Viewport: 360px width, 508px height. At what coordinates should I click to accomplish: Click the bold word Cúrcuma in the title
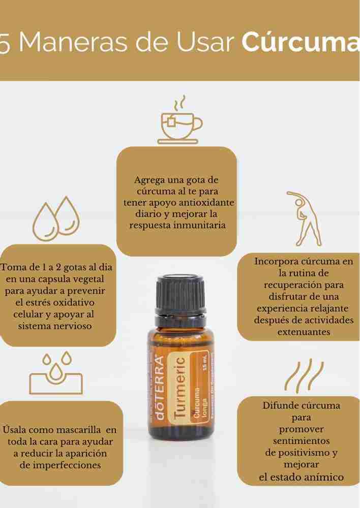coord(300,43)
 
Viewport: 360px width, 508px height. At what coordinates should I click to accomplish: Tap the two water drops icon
coord(56,218)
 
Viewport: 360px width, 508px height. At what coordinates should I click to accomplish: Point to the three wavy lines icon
coord(304,376)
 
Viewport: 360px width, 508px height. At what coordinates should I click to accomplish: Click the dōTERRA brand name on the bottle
coord(159,389)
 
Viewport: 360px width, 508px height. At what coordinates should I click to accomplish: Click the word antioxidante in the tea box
coord(207,202)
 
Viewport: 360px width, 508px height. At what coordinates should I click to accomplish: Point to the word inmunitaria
coord(201,225)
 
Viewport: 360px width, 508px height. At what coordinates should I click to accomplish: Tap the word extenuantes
coord(304,332)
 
